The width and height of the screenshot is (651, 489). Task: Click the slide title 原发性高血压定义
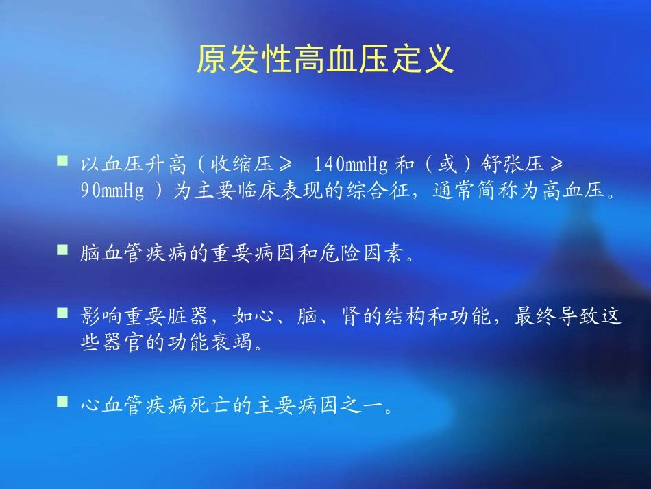[x=325, y=60]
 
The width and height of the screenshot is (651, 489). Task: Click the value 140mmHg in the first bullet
[x=351, y=165]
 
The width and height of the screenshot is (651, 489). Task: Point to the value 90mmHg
[x=112, y=191]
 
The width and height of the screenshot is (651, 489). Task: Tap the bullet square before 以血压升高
[x=62, y=161]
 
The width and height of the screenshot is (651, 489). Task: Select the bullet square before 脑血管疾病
[x=62, y=251]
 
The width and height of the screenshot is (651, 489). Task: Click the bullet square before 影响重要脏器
[x=62, y=313]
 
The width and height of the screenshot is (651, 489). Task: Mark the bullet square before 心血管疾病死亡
[x=62, y=400]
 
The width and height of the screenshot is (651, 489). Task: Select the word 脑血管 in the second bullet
[x=112, y=255]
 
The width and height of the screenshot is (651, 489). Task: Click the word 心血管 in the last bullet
[x=112, y=404]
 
